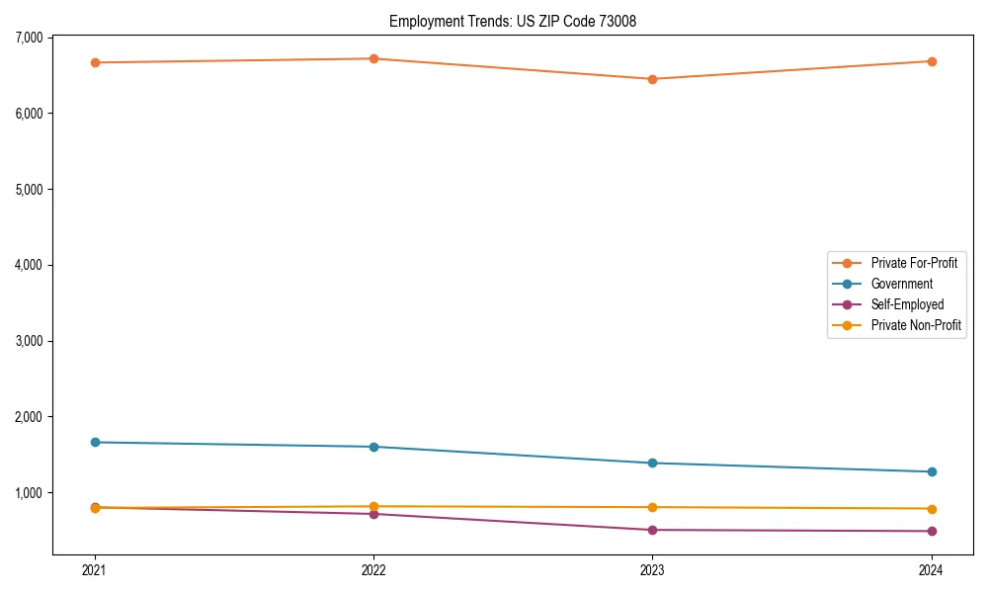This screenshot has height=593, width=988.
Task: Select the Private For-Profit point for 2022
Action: click(373, 58)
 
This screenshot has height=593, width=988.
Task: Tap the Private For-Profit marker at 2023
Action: click(652, 79)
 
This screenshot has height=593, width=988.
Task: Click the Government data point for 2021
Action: click(95, 442)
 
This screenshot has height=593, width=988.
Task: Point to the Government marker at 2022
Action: click(373, 447)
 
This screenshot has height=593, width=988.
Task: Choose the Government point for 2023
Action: click(652, 463)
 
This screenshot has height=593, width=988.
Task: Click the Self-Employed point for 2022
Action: click(373, 514)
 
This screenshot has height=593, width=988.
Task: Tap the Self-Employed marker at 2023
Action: click(652, 530)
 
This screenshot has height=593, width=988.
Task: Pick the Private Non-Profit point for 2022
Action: click(373, 506)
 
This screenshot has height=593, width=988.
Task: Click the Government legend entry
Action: click(901, 284)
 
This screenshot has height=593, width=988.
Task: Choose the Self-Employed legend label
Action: click(907, 304)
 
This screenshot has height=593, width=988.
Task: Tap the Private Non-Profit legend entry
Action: click(916, 325)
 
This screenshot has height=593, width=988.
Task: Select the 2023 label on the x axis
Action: click(652, 569)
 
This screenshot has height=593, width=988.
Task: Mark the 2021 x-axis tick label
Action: click(95, 569)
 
